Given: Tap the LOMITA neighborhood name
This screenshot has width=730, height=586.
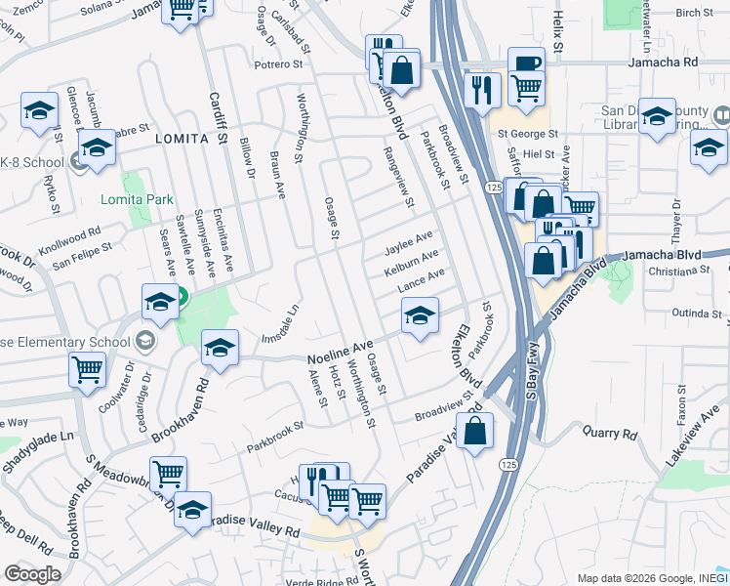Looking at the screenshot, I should click(x=182, y=140).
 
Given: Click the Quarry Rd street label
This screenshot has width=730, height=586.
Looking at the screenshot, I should click(x=609, y=432).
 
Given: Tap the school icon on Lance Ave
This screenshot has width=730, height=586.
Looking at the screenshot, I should click(x=420, y=316).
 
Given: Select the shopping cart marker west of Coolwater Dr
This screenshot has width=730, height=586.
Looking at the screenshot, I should click(x=88, y=370).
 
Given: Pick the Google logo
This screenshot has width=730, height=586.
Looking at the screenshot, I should click(x=32, y=574).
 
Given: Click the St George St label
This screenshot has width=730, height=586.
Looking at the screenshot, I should click(x=527, y=134).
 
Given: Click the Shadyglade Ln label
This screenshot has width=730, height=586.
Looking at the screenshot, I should click(x=39, y=452).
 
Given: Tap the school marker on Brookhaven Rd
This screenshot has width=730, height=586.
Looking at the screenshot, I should click(x=221, y=348).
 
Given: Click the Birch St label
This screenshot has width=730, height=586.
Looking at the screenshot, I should click(x=694, y=13).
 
